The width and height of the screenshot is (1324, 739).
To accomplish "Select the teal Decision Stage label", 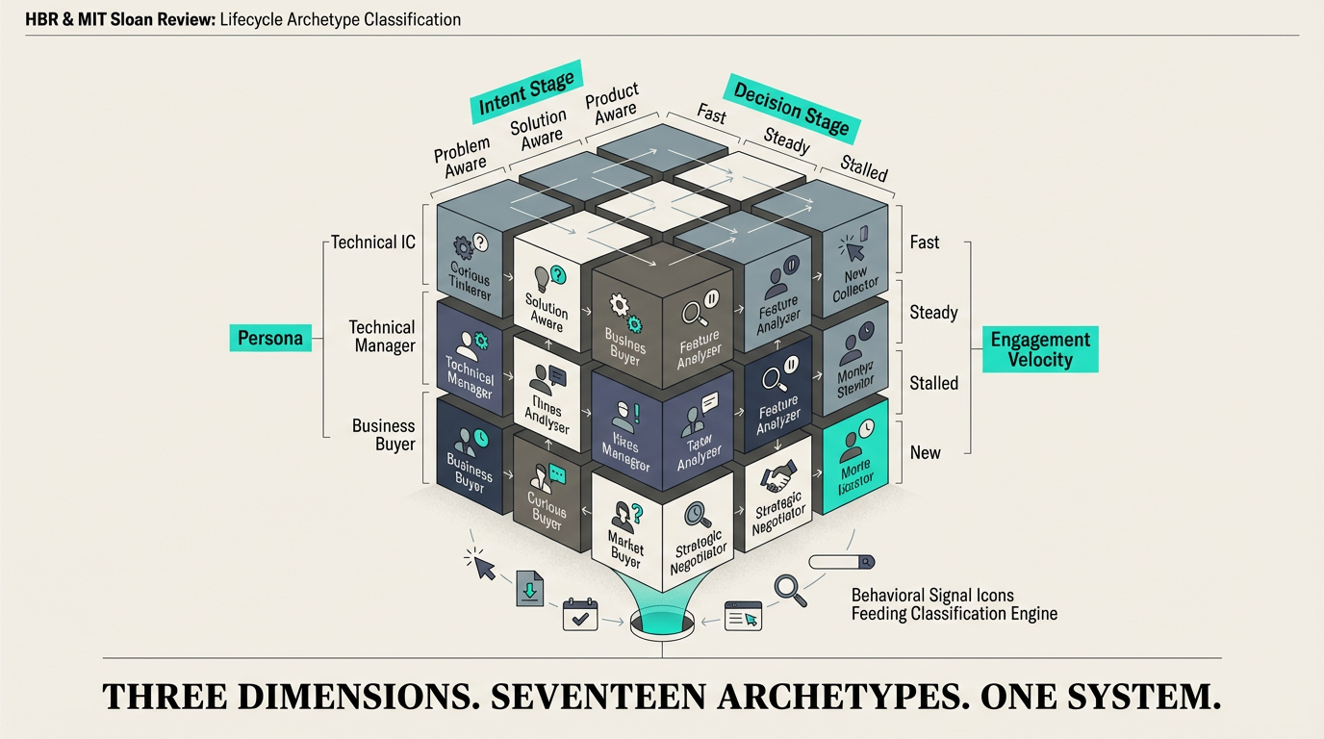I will pyautogui.click(x=791, y=108).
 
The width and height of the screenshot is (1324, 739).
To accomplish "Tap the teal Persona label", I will pyautogui.click(x=270, y=337).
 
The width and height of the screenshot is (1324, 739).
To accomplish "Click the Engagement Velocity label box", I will pyautogui.click(x=1039, y=348).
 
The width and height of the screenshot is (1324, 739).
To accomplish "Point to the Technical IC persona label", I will pyautogui.click(x=373, y=242).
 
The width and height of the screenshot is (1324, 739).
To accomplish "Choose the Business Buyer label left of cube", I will pyautogui.click(x=383, y=435).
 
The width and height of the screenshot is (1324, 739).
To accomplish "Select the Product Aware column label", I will pyautogui.click(x=612, y=104).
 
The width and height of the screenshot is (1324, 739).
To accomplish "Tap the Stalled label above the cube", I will pyautogui.click(x=863, y=167).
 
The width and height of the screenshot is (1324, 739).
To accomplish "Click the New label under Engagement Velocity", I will pyautogui.click(x=925, y=452).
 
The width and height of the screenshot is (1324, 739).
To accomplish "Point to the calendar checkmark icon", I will pyautogui.click(x=580, y=615).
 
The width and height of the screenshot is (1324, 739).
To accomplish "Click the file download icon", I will pyautogui.click(x=529, y=588).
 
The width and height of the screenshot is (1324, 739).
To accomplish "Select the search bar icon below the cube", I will pyautogui.click(x=841, y=562).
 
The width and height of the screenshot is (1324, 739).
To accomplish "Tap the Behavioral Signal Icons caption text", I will pyautogui.click(x=931, y=596).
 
